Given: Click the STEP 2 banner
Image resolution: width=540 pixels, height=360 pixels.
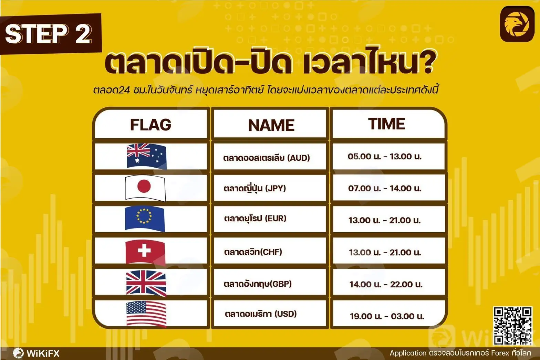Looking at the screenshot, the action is [50, 34].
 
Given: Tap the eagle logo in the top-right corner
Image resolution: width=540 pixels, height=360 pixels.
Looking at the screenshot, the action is [517, 24].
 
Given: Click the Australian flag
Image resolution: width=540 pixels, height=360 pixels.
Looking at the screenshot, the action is [146, 156].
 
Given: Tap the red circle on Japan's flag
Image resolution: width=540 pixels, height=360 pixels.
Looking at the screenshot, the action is [144, 186].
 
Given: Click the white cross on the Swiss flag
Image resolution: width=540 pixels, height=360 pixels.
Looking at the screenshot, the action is [144, 251].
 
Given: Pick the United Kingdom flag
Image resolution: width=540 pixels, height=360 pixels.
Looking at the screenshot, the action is [146, 283].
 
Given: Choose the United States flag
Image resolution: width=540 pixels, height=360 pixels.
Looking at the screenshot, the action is [146, 314].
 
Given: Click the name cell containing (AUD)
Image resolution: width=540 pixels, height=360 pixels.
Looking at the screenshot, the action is [270, 156].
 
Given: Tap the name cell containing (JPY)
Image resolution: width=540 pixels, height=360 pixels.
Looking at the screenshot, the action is [270, 188].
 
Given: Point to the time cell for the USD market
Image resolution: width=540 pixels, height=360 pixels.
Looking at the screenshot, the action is [388, 313].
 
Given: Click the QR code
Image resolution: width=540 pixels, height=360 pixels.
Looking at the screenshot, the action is [512, 326].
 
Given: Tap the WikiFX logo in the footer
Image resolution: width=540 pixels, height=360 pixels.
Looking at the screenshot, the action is [36, 353].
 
